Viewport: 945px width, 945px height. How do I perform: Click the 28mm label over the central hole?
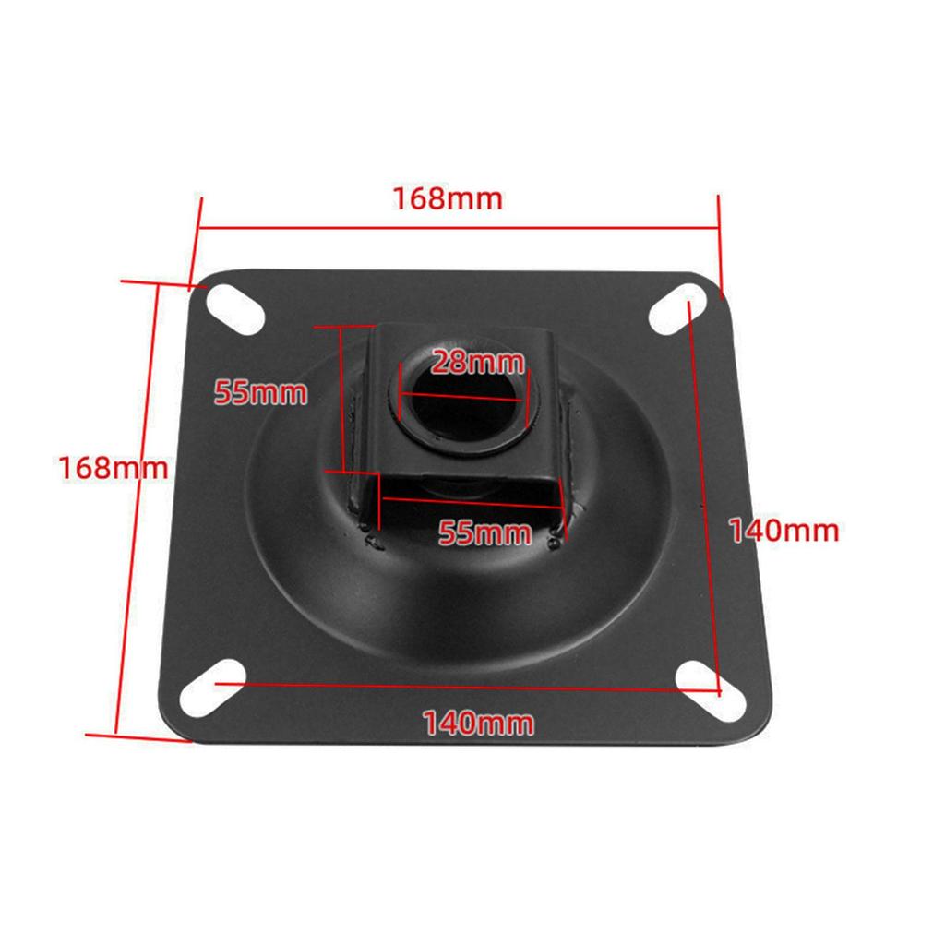(x=477, y=361)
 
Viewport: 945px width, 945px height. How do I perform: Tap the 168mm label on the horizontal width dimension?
(x=448, y=198)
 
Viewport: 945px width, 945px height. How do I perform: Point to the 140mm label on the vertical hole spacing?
(x=784, y=531)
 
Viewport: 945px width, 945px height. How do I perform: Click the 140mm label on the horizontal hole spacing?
(x=478, y=723)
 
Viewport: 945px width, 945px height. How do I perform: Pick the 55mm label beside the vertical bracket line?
(x=260, y=392)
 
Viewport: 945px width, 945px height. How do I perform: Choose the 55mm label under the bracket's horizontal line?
(x=484, y=532)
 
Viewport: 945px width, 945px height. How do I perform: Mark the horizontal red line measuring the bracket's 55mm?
(x=471, y=501)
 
